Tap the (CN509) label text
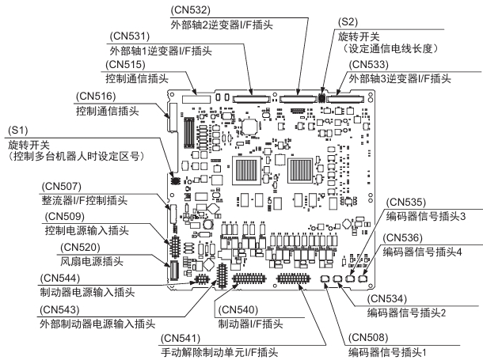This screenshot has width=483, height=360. coord(62,217)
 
